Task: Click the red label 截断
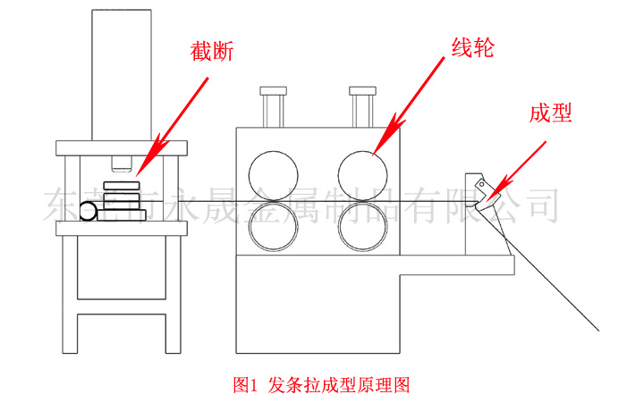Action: click(212, 53)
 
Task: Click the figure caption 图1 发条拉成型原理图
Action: click(321, 385)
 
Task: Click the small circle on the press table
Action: click(89, 211)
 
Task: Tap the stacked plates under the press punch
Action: click(122, 199)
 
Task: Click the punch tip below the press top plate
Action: click(122, 164)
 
